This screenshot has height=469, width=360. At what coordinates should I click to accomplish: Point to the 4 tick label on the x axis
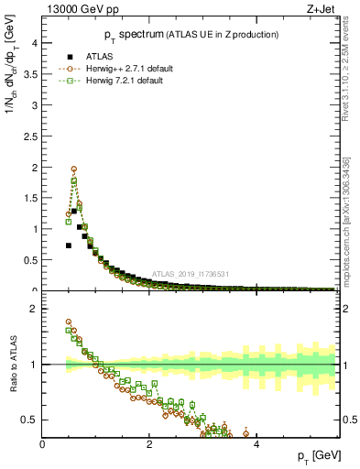click(256, 444)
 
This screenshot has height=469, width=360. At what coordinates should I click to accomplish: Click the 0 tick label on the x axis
click(42, 444)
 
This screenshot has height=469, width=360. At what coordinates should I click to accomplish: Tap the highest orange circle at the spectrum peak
click(74, 169)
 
